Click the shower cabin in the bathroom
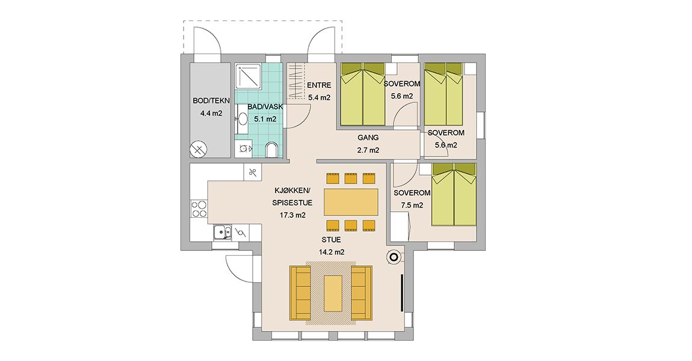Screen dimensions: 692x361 point(249,78)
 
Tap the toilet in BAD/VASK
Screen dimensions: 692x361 point(272,150)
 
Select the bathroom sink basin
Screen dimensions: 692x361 point(243,119)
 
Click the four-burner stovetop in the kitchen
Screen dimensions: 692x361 point(199,209)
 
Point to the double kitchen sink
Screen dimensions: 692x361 point(222,232)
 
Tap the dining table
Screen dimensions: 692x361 point(351,202)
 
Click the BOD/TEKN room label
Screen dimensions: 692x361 point(211,101)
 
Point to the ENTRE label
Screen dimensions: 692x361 point(319,85)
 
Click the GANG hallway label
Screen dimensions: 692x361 point(368,138)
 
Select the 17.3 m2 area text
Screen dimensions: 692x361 point(292,216)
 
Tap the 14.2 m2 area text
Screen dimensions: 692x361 point(332,253)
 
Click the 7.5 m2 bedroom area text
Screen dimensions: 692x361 point(412,205)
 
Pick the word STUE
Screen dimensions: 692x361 point(331,240)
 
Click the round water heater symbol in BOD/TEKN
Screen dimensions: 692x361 point(199,150)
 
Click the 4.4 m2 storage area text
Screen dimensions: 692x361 point(211,114)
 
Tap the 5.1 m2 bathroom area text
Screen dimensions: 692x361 point(265,119)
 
